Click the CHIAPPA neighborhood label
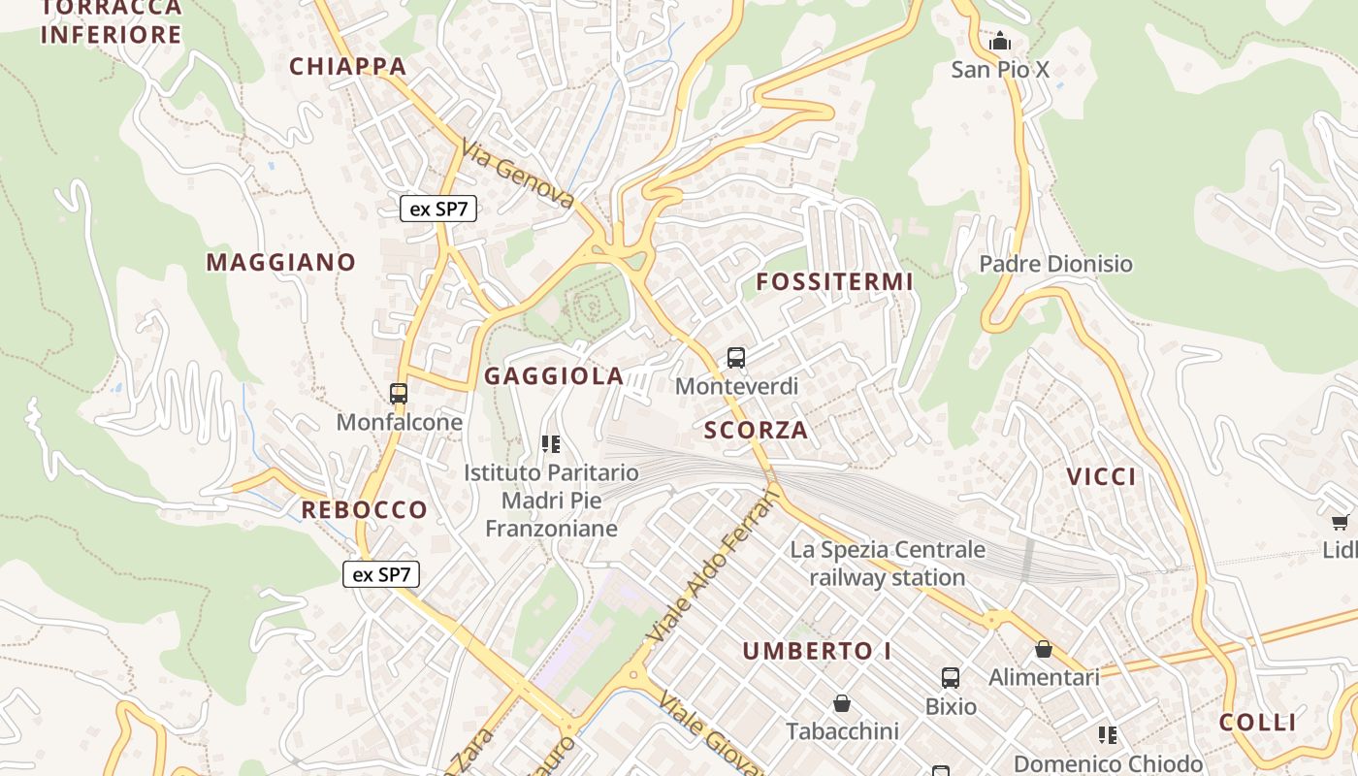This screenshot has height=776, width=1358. [x=347, y=66]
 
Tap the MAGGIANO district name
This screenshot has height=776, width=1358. [x=281, y=262]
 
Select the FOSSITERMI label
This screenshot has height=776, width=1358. [x=834, y=282]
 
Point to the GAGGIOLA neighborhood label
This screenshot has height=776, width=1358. [x=554, y=376]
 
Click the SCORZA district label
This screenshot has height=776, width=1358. [x=756, y=430]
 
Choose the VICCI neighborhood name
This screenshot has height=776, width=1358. [x=1101, y=476]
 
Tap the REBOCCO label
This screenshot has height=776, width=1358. [x=364, y=509]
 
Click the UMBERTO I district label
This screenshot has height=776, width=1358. [x=818, y=651]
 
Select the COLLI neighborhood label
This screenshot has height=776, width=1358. [x=1257, y=722]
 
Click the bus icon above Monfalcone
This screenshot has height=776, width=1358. [x=399, y=394]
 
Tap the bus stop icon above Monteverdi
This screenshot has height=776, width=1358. [x=736, y=358]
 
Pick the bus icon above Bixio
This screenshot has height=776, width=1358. [x=951, y=678]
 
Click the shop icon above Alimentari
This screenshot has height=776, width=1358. [x=1044, y=649]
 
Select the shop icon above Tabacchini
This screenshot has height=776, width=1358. [x=842, y=702]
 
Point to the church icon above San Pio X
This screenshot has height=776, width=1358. [x=999, y=41]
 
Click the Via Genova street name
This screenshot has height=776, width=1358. [x=518, y=175]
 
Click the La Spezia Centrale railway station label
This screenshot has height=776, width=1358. [x=887, y=564]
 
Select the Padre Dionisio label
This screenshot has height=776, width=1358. [x=1055, y=264]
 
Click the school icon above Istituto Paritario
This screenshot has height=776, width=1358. [x=551, y=444]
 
